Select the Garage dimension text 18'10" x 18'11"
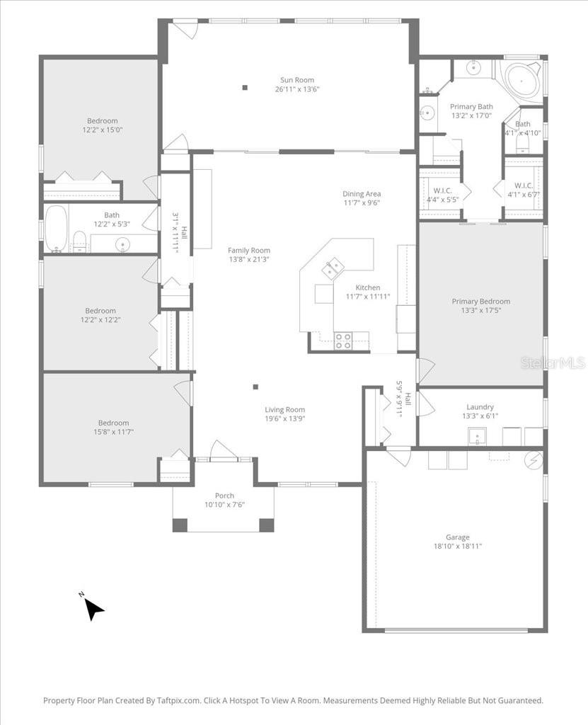pyautogui.click(x=457, y=547)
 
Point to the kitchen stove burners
pyautogui.click(x=342, y=341)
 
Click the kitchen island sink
pyautogui.click(x=332, y=268)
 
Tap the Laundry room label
pyautogui.click(x=480, y=407)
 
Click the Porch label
pyautogui.click(x=224, y=496)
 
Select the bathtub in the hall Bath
pyautogui.click(x=55, y=228)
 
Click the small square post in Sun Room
pyautogui.click(x=245, y=88)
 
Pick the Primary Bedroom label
pyautogui.click(x=480, y=301)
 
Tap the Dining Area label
pyautogui.click(x=362, y=193)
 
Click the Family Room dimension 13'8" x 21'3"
pyautogui.click(x=248, y=260)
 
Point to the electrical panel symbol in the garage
pyautogui.click(x=532, y=460)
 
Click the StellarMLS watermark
pyautogui.click(x=553, y=362)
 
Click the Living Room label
pyautogui.click(x=284, y=409)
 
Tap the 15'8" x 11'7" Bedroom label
pyautogui.click(x=113, y=432)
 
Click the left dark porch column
pyautogui.click(x=180, y=525)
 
